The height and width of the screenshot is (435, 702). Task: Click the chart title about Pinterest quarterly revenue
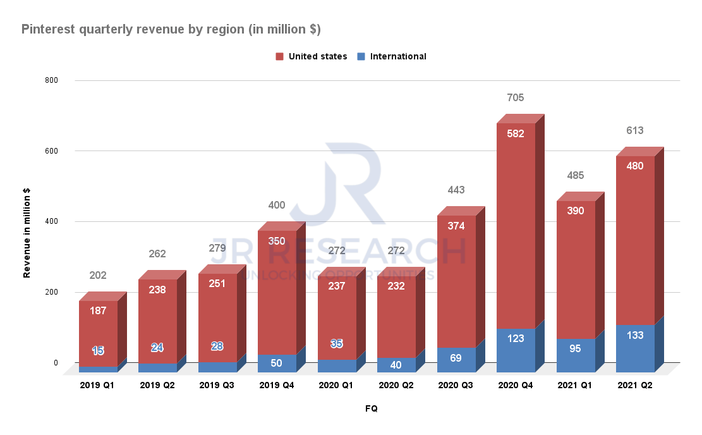pyautogui.click(x=171, y=29)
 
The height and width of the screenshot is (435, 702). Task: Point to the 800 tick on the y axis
pyautogui.click(x=51, y=80)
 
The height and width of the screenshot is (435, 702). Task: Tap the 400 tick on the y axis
pyautogui.click(x=51, y=222)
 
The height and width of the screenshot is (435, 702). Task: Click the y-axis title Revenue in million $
pyautogui.click(x=27, y=232)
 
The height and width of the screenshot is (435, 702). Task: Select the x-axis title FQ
pyautogui.click(x=372, y=408)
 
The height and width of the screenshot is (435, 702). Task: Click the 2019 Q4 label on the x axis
pyautogui.click(x=277, y=385)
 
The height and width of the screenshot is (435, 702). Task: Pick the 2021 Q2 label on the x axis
pyautogui.click(x=634, y=385)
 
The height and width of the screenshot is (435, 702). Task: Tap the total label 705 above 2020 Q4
pyautogui.click(x=516, y=97)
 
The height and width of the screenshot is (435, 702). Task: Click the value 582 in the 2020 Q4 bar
pyautogui.click(x=516, y=133)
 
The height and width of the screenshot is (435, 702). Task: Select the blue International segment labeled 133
pyautogui.click(x=634, y=335)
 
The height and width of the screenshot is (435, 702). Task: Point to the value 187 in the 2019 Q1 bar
pyautogui.click(x=98, y=310)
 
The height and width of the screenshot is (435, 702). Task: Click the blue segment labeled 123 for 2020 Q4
pyautogui.click(x=516, y=338)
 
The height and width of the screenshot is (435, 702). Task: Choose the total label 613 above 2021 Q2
pyautogui.click(x=634, y=130)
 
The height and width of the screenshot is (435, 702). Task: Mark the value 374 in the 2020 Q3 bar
pyautogui.click(x=456, y=226)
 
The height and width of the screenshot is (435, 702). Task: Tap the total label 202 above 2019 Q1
pyautogui.click(x=98, y=275)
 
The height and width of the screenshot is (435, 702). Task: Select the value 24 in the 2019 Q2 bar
pyautogui.click(x=157, y=347)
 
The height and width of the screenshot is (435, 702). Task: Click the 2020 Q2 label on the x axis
pyautogui.click(x=396, y=385)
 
